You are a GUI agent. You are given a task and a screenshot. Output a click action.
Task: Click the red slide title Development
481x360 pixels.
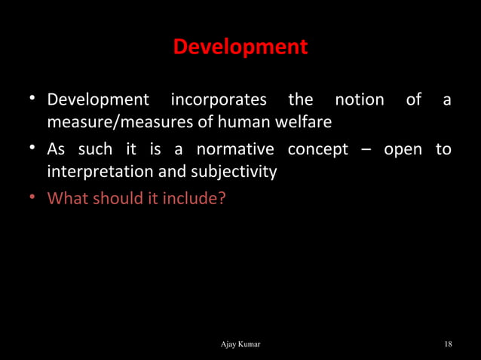coord(240,47)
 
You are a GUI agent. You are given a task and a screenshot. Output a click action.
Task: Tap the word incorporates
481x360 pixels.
coord(219,99)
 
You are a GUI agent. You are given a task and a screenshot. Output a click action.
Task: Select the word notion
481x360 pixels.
coord(359,99)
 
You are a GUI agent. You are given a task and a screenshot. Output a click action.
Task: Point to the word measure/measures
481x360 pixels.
coord(117,121)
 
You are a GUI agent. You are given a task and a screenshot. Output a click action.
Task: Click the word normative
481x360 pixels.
coord(238,149)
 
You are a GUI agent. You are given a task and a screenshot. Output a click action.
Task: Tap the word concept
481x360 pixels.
coord(317,149)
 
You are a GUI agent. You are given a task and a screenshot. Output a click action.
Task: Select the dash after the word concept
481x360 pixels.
coord(366,149)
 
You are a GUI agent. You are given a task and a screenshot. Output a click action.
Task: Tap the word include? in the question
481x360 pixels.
coord(198,200)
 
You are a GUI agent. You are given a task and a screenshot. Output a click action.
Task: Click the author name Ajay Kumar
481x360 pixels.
coord(240,344)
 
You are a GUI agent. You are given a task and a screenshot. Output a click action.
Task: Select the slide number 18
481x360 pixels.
coord(448,344)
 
